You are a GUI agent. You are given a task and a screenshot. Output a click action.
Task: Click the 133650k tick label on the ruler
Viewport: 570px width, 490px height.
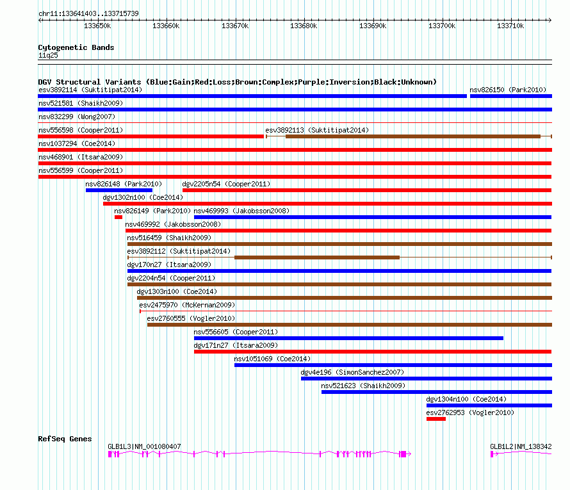click(98, 26)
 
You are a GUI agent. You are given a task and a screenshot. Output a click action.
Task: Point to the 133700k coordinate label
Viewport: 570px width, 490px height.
click(442, 26)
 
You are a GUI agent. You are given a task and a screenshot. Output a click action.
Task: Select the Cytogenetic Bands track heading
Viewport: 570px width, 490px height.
click(76, 47)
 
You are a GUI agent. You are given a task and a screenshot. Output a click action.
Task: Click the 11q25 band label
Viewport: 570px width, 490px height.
click(48, 55)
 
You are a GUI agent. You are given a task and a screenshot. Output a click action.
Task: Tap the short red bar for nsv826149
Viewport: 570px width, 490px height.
click(118, 217)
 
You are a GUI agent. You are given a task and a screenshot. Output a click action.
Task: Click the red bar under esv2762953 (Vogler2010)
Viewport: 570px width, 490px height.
click(436, 419)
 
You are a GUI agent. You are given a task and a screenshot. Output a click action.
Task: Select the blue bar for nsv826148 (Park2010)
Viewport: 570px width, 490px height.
click(119, 190)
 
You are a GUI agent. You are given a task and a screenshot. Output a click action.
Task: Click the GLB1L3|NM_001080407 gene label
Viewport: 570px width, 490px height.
click(144, 446)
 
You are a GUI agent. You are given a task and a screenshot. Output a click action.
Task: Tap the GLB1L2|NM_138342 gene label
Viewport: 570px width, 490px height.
click(521, 446)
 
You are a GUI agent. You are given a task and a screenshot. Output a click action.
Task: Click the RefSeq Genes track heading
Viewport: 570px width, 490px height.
click(65, 439)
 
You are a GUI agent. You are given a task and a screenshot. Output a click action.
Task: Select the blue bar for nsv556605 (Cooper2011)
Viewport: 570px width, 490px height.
click(348, 338)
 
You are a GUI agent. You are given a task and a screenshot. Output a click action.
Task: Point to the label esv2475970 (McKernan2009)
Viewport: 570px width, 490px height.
click(187, 305)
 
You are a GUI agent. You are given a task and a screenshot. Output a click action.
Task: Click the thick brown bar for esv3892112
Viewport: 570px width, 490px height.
click(317, 257)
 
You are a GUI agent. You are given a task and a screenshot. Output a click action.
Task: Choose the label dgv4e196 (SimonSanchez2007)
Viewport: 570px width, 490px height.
click(352, 372)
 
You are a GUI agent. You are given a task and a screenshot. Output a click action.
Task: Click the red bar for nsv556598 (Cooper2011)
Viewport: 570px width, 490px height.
click(151, 136)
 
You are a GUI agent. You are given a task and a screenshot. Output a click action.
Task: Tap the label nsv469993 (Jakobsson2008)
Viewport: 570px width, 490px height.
click(241, 211)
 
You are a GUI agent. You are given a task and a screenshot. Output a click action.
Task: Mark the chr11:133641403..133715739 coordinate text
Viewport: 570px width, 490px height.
click(88, 13)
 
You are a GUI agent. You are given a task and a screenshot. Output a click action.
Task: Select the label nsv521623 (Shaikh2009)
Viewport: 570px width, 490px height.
click(363, 386)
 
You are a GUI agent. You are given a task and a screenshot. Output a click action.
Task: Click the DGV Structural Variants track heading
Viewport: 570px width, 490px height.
click(237, 82)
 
